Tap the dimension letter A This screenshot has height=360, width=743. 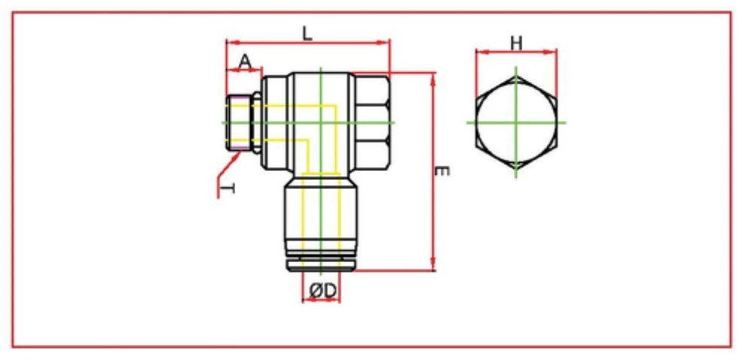tap(245, 61)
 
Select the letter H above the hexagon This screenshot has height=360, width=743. tap(516, 42)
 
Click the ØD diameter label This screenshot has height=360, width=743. tap(322, 288)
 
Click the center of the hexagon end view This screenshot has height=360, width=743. tap(516, 122)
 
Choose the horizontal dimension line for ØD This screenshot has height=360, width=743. tap(321, 300)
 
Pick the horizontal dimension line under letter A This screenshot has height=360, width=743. tap(243, 72)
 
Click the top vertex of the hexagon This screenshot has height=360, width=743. tap(516, 76)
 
